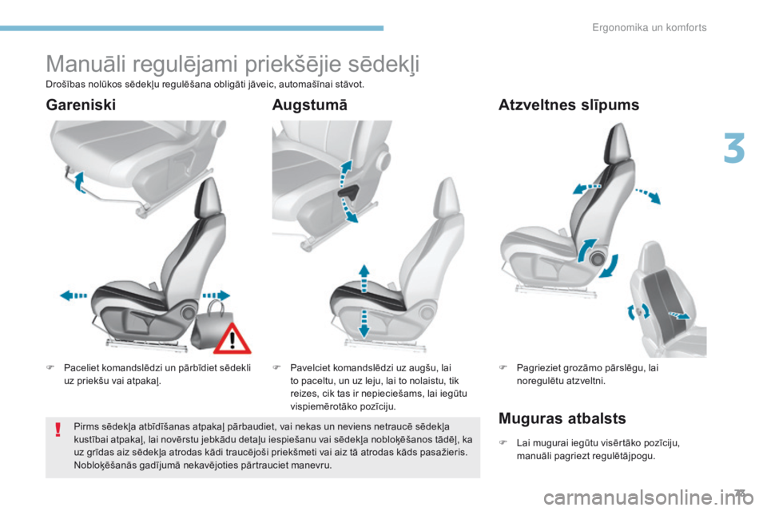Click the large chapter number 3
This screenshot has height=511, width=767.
coord(735,150)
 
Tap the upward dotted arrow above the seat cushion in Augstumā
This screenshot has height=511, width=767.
coord(363,276)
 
